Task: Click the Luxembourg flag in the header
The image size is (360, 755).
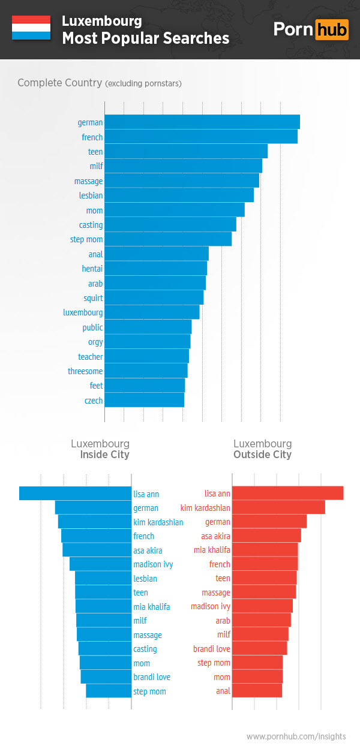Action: point(31,28)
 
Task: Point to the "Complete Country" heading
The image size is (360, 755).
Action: point(59,83)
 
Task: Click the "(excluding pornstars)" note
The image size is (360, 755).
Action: point(143,83)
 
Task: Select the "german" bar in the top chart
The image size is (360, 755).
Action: point(202,122)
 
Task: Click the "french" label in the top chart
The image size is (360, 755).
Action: point(92,137)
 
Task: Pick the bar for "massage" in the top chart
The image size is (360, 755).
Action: point(182,181)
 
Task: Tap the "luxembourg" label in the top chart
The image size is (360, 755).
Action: point(83,312)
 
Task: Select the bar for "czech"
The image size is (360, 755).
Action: point(145,400)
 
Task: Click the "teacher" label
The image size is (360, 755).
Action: point(91,357)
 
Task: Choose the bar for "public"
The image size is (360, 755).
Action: point(148,327)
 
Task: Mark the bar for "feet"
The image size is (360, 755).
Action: point(145,386)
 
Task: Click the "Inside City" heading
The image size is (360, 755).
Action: point(104,455)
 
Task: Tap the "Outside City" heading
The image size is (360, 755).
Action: point(262,455)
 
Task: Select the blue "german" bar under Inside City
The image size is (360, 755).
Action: point(93,507)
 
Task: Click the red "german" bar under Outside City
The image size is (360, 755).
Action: point(269,522)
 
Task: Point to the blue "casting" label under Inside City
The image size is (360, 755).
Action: point(145,649)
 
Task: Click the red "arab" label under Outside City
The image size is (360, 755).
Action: point(223,621)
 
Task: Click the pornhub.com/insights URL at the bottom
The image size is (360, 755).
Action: point(296,736)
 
